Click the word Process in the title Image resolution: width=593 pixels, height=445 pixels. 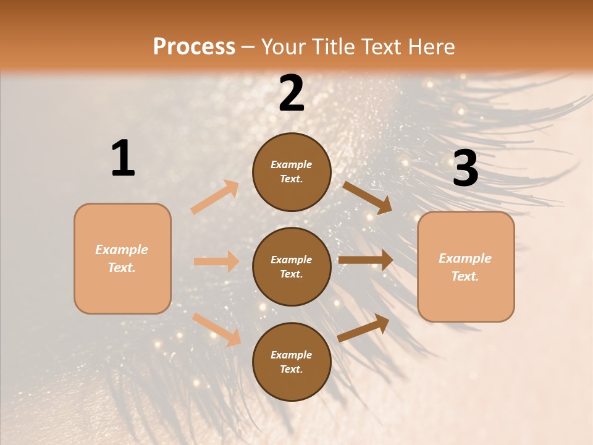[x=194, y=46]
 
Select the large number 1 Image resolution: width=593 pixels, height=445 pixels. [x=123, y=159]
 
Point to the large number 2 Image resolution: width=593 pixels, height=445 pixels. [x=292, y=93]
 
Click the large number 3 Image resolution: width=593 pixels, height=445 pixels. [x=465, y=168]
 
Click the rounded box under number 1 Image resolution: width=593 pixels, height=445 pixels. [x=122, y=258]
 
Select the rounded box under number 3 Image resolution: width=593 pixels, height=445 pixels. [x=466, y=267]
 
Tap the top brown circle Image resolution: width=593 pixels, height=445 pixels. [x=292, y=172]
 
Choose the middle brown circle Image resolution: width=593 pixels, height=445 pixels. [x=292, y=266]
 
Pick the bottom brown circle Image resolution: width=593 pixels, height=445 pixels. [x=292, y=362]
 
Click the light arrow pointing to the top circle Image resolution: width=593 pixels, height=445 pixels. [x=215, y=197]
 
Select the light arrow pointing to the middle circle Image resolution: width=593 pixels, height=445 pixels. [x=217, y=261]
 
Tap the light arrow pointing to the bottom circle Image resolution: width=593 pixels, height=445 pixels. [x=216, y=329]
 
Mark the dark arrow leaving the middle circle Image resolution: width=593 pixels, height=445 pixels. [x=366, y=260]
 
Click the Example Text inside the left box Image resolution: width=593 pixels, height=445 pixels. [x=122, y=258]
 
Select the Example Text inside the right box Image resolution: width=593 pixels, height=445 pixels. [x=465, y=267]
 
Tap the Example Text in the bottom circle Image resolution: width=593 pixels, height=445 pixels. [x=291, y=362]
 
